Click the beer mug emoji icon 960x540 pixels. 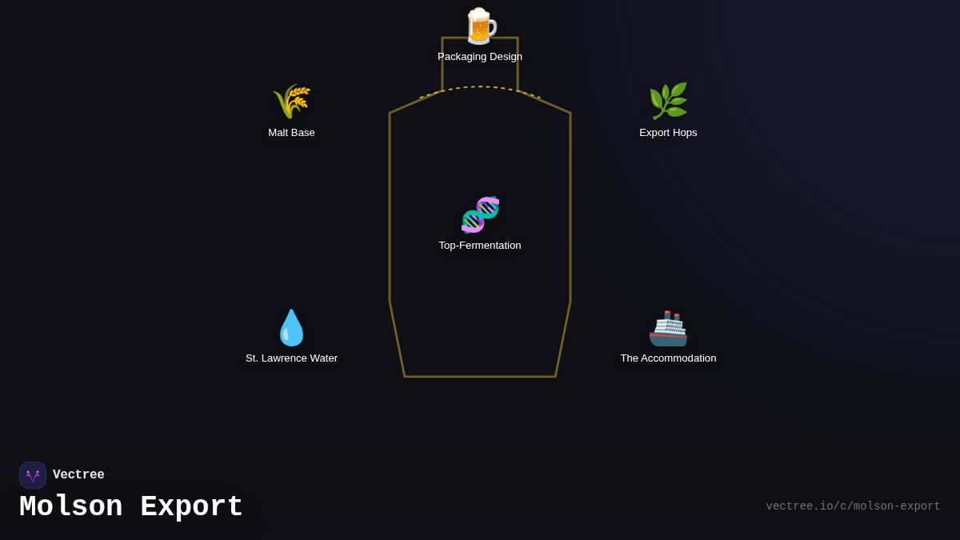click(480, 26)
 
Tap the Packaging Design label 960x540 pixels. click(480, 57)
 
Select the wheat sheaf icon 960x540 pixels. click(291, 102)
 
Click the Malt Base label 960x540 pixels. click(291, 133)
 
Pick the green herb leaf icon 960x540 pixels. click(668, 102)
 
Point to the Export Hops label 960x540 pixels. click(668, 133)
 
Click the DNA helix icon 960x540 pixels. click(480, 214)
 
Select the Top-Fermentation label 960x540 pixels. click(480, 246)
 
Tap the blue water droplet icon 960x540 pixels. click(291, 328)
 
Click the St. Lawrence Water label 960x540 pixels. click(291, 358)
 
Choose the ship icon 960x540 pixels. click(668, 328)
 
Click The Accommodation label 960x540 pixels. click(668, 358)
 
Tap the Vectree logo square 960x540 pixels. click(33, 475)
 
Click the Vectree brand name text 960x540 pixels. click(78, 475)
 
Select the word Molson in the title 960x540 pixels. click(70, 507)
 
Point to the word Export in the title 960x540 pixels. click(191, 507)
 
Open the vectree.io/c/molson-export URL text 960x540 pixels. click(853, 506)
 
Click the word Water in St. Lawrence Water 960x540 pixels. click(320, 358)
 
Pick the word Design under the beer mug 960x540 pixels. click(504, 57)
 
